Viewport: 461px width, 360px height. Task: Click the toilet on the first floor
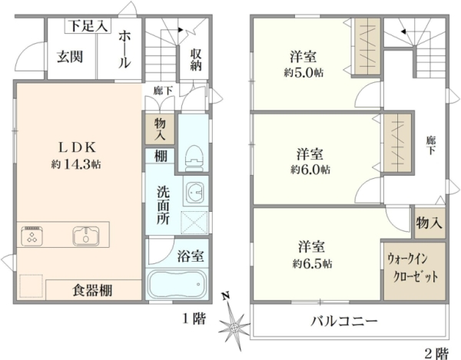tap(194, 159)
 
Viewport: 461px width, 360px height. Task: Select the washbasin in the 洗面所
tap(194, 192)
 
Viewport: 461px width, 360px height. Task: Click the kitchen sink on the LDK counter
tap(85, 236)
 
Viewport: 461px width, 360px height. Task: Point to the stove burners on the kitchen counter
tap(32, 236)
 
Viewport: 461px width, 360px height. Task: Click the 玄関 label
tap(70, 57)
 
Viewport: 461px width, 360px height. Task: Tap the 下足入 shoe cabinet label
tap(88, 26)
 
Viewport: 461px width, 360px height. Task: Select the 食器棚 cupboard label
tap(92, 290)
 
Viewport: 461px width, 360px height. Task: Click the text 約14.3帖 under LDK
tap(76, 164)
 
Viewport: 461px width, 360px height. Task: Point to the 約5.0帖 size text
tap(303, 72)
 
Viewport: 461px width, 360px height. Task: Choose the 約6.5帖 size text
tap(312, 264)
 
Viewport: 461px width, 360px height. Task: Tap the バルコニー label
tap(344, 322)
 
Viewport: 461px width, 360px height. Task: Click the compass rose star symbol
tap(234, 326)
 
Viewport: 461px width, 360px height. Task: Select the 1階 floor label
tap(194, 319)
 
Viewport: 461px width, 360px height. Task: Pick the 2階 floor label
tap(437, 353)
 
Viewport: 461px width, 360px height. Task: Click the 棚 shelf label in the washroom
tap(161, 156)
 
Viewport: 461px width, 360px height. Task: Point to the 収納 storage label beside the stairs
tap(196, 60)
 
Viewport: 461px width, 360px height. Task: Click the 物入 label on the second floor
tap(429, 223)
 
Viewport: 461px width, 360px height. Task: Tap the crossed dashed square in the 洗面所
tap(194, 223)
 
